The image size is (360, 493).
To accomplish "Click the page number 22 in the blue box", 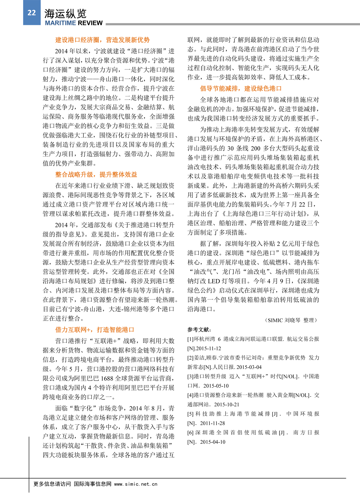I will click(31, 13).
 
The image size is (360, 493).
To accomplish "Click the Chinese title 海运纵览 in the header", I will click(65, 14).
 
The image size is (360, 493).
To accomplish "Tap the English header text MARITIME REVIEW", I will click(74, 23).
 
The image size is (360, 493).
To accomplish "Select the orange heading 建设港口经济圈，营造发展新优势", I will click(102, 40).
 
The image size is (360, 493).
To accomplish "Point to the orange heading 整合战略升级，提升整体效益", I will click(96, 174).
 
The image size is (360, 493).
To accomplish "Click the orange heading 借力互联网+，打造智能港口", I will click(94, 330).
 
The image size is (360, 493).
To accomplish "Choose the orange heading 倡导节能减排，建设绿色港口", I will click(241, 88).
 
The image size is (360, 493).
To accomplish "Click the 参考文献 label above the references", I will click(199, 330).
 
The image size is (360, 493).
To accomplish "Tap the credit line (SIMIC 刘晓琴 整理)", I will click(291, 320).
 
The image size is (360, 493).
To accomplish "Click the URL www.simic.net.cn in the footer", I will click(136, 484).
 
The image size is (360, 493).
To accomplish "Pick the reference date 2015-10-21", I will click(227, 404).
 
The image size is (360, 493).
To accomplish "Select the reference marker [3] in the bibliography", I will click(190, 377).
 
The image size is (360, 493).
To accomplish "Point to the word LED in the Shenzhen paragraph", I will click(214, 281).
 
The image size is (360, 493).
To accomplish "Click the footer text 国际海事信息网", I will click(93, 484).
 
